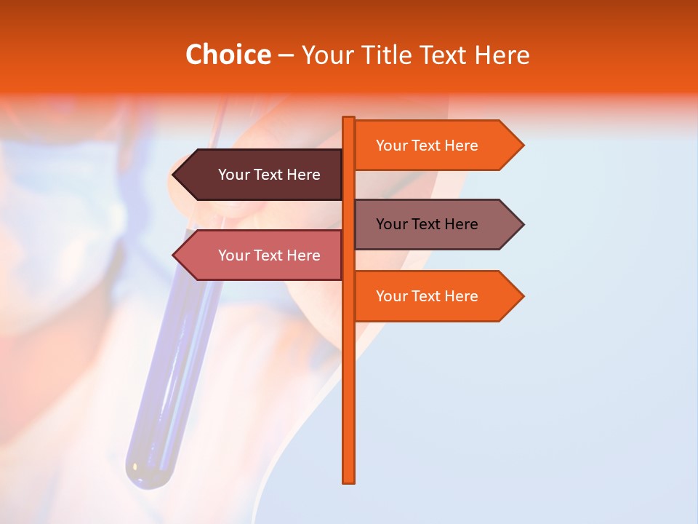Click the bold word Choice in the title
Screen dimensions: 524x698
228,55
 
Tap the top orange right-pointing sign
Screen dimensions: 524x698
436,146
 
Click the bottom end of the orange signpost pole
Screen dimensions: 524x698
349,480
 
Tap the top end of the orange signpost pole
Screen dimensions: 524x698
349,119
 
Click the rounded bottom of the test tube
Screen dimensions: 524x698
150,477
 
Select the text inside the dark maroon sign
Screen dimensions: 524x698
269,175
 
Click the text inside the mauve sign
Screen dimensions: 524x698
427,224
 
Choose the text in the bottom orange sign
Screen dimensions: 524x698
427,296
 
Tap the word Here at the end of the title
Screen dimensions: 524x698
502,55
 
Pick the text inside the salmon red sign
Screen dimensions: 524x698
269,255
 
